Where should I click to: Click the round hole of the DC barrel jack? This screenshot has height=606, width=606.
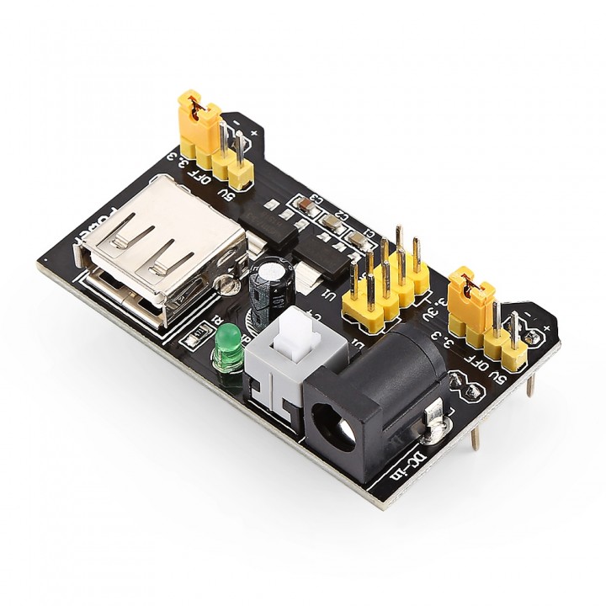pyautogui.click(x=335, y=422)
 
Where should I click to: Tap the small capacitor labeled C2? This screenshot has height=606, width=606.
pyautogui.click(x=332, y=223)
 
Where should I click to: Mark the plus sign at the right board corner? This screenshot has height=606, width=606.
pyautogui.click(x=548, y=327)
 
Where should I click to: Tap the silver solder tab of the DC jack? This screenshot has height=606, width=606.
pyautogui.click(x=434, y=421)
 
